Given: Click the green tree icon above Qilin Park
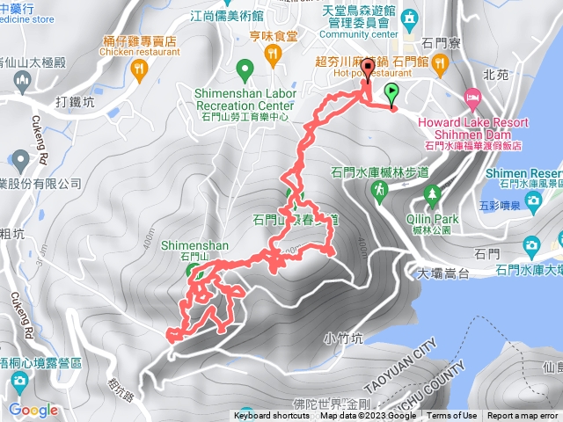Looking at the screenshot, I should (431, 193).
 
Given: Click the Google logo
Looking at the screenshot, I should (33, 410).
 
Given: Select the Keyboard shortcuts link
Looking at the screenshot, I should (272, 416).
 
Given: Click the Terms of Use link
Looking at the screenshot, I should (452, 416).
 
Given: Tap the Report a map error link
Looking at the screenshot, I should (523, 416).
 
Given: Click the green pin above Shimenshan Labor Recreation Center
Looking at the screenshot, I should (245, 67).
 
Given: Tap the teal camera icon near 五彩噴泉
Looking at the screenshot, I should (532, 202).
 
